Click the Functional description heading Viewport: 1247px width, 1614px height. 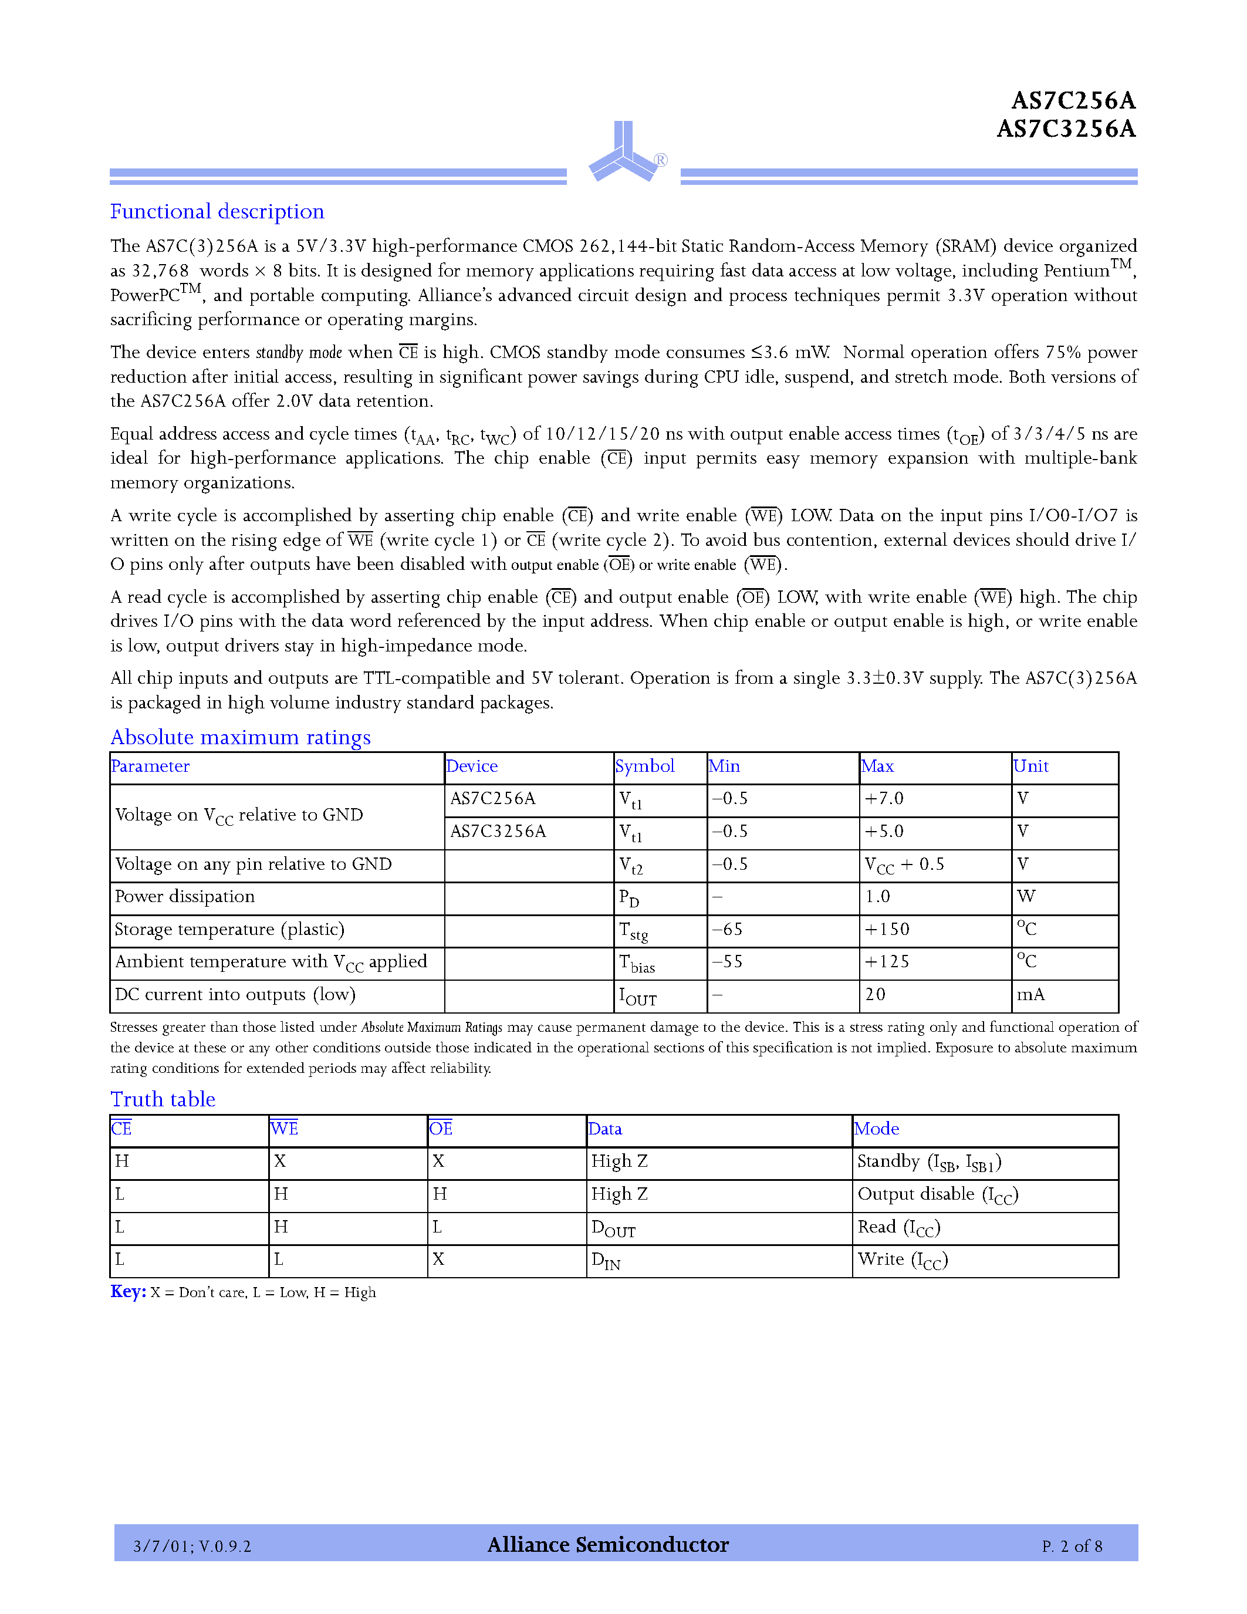pos(217,212)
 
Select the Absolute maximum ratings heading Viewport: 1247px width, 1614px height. pos(240,738)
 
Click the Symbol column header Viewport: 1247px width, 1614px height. pos(644,767)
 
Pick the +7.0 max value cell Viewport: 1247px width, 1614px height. pos(884,799)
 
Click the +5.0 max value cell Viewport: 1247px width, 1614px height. pos(884,832)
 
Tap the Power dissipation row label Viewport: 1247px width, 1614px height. pos(185,896)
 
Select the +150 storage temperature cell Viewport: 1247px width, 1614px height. pos(887,930)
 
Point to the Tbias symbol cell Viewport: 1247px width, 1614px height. pos(637,963)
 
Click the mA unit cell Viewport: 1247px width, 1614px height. pos(1030,995)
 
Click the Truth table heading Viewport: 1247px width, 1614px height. pos(163,1100)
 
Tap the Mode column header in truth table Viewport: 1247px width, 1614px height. pos(877,1129)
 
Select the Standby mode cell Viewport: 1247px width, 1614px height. pos(928,1163)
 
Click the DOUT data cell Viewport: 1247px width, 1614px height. pos(613,1228)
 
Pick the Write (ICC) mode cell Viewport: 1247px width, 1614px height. pos(902,1260)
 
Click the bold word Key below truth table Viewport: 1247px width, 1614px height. pos(127,1292)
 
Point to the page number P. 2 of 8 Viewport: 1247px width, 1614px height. pos(1072,1546)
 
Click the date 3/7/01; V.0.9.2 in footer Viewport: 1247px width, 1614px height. pos(192,1546)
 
